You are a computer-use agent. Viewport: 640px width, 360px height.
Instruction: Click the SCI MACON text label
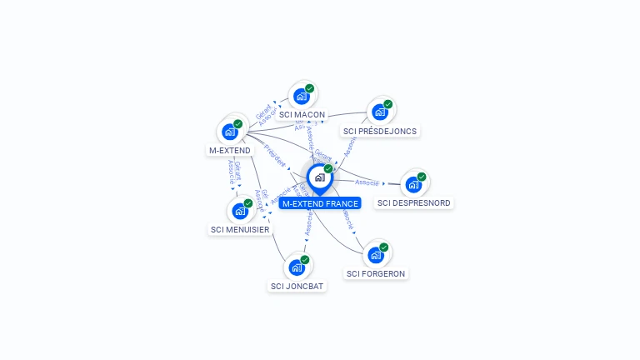click(302, 114)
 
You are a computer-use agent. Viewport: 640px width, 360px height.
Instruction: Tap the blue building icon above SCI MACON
click(301, 97)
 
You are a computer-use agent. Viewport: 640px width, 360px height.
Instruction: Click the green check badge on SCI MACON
click(309, 88)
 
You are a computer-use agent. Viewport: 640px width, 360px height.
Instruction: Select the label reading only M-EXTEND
click(230, 150)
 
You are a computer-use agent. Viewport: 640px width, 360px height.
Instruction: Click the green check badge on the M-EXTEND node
click(237, 124)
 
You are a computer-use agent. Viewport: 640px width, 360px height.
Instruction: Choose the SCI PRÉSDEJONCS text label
click(380, 131)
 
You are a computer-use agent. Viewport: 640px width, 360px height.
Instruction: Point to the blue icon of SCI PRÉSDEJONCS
click(380, 112)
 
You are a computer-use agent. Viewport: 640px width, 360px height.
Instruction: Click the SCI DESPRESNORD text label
click(413, 202)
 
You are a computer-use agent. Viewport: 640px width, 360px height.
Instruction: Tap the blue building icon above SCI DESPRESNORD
click(413, 185)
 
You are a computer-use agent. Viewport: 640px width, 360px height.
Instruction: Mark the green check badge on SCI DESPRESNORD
click(422, 177)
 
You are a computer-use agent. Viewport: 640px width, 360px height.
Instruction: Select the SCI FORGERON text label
click(377, 273)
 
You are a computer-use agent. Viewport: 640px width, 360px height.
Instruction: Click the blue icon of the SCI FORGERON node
click(376, 256)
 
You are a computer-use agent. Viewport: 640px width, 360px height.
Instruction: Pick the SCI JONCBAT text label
click(297, 286)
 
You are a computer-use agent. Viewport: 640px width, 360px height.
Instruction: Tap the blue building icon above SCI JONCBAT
click(296, 268)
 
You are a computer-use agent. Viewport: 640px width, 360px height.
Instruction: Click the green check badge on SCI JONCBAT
click(305, 260)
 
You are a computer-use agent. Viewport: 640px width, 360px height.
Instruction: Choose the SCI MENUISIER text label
click(240, 229)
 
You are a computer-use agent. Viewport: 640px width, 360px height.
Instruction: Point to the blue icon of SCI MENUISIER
click(239, 212)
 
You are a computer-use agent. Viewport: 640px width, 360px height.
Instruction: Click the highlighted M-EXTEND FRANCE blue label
click(320, 203)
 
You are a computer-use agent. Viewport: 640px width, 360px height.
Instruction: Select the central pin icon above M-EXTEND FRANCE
click(319, 178)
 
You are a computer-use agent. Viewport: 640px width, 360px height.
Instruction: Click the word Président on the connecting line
click(275, 156)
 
